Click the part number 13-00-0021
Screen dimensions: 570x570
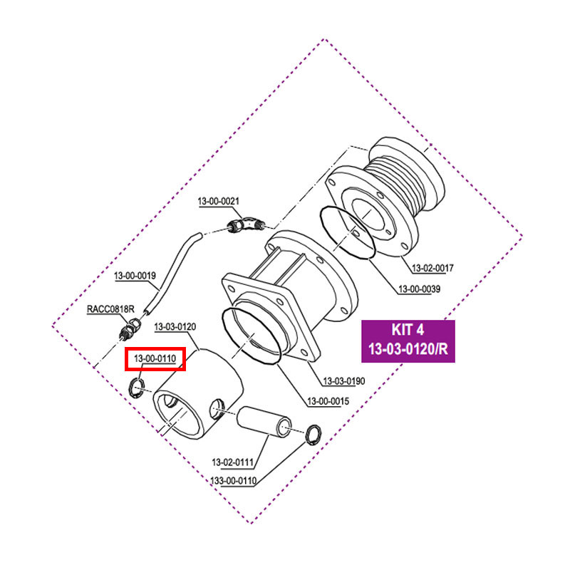click(218, 202)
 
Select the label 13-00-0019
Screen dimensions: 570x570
click(135, 274)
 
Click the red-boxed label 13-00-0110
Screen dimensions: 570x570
click(155, 359)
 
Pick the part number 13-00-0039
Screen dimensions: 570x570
click(419, 289)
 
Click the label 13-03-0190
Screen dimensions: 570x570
click(344, 381)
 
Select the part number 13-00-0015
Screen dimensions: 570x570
click(328, 401)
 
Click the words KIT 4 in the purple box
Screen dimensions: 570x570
click(408, 331)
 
